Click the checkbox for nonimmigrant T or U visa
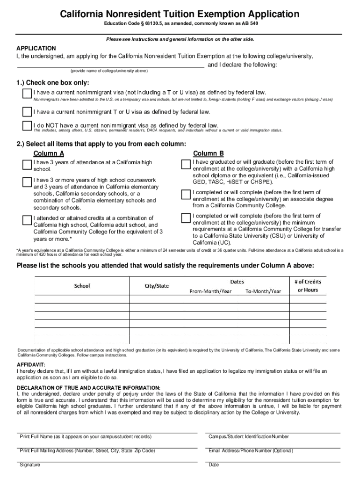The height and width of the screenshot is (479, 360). click(27, 112)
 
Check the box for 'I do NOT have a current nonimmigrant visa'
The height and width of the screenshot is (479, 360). click(27, 126)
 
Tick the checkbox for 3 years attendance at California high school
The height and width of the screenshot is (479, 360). click(27, 165)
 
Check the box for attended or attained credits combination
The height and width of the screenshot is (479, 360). click(27, 220)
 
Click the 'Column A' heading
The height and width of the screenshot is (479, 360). click(49, 153)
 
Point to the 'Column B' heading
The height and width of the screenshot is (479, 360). click(209, 153)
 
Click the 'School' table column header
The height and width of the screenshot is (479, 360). click(82, 285)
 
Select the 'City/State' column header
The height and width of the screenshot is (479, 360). click(157, 285)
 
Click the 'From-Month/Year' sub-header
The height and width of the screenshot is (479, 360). click(210, 291)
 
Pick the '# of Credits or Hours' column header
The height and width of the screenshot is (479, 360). click(308, 285)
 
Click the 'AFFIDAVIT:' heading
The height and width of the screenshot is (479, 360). click(31, 364)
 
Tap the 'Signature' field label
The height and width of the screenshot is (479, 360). click(30, 464)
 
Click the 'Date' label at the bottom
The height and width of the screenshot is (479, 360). click(214, 464)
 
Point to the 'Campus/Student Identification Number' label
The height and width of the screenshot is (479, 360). click(248, 436)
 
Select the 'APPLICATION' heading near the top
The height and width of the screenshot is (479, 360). click(36, 48)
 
